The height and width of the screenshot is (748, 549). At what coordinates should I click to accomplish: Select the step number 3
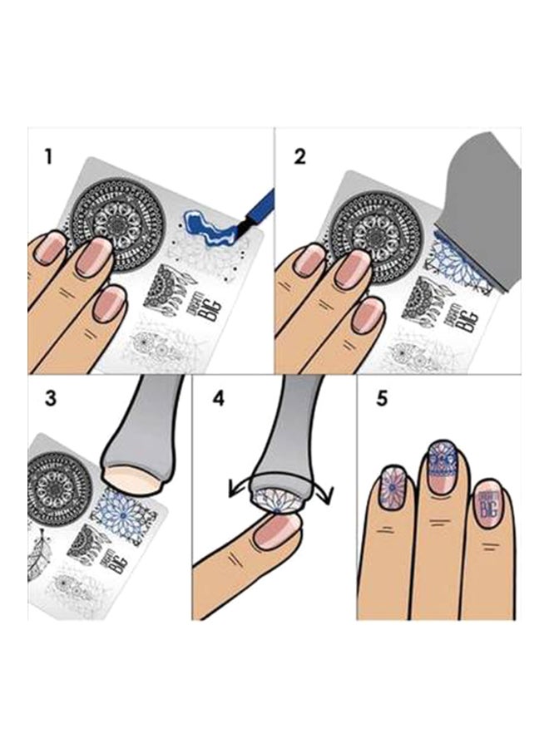pos(51,398)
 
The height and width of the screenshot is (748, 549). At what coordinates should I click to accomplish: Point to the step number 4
pos(219,398)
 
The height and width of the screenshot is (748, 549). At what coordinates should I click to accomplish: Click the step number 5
pos(382,398)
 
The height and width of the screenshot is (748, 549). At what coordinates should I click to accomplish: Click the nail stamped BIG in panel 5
pos(487,506)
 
